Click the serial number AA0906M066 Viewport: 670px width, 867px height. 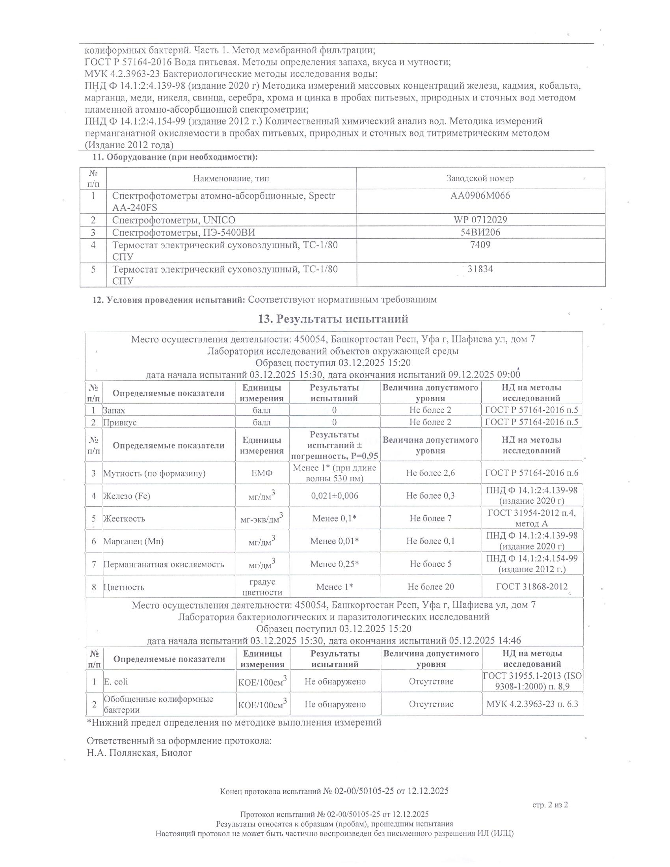[x=480, y=195]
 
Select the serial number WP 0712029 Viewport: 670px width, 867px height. [x=480, y=220]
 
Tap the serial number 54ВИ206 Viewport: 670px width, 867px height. [x=480, y=232]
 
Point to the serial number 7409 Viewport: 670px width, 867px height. [x=480, y=245]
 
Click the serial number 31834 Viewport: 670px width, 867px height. [x=480, y=269]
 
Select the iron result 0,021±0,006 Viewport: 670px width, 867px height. [x=334, y=495]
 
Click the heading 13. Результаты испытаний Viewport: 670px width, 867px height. [x=333, y=319]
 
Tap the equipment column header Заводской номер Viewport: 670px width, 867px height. [x=480, y=178]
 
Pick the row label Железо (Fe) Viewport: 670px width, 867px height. [x=127, y=496]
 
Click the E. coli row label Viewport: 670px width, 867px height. [x=116, y=682]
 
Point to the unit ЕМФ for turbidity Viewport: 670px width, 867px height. [x=262, y=473]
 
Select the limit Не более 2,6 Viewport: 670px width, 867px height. [x=430, y=473]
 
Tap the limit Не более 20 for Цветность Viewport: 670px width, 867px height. [x=431, y=587]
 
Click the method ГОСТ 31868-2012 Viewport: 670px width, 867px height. [x=532, y=587]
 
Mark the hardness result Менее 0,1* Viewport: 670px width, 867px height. [x=334, y=518]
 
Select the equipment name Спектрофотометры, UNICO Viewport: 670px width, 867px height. [x=174, y=220]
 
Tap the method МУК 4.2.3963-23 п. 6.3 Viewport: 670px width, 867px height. [x=532, y=704]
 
